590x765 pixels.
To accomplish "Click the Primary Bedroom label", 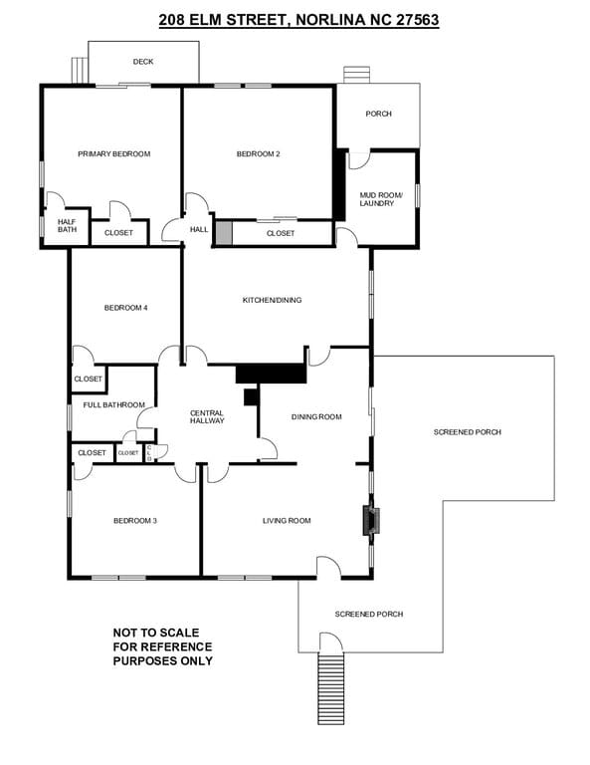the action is click(114, 154).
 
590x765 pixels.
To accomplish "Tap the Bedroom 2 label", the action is click(259, 154).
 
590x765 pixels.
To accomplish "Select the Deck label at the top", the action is click(143, 62).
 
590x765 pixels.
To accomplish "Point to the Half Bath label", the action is click(67, 225).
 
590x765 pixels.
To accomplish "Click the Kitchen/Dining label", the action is click(272, 300).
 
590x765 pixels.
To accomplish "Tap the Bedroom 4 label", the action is click(125, 308).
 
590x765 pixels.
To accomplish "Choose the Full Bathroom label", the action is click(114, 405).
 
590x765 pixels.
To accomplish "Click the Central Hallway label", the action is click(207, 416).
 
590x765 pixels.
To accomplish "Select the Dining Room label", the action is click(316, 416).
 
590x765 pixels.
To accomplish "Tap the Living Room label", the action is click(287, 521).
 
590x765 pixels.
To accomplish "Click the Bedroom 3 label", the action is click(135, 521).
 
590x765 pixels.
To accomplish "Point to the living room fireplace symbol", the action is click(371, 522).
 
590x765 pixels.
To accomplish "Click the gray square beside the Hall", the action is click(225, 232).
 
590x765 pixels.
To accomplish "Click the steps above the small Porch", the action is click(356, 75).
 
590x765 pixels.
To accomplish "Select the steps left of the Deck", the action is click(80, 71).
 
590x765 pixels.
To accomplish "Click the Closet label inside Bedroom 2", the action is click(281, 234).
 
